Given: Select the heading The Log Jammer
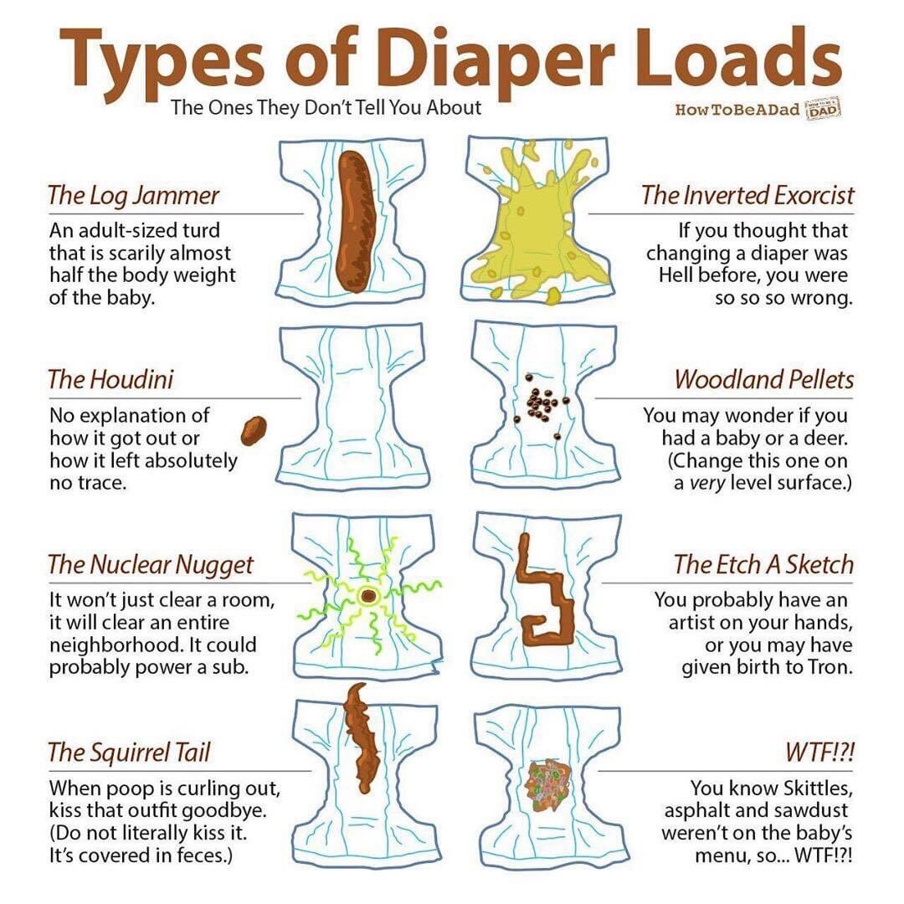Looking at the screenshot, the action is pyautogui.click(x=133, y=196).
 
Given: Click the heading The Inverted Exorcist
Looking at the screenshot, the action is pyautogui.click(x=747, y=195).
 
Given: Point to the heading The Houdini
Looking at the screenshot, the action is pyautogui.click(x=110, y=380).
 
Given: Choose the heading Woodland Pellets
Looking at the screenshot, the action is pyautogui.click(x=764, y=380).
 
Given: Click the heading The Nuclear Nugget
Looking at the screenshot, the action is pyautogui.click(x=151, y=565).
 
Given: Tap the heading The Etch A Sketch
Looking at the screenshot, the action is pyautogui.click(x=764, y=564).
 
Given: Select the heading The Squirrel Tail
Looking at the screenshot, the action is pyautogui.click(x=129, y=752).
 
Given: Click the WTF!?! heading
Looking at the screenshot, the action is pyautogui.click(x=819, y=752).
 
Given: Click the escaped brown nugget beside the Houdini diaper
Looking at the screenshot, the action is pyautogui.click(x=254, y=430).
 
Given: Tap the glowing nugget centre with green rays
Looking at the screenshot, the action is pyautogui.click(x=367, y=596).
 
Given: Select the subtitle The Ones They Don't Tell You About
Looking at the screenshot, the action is pyautogui.click(x=326, y=108).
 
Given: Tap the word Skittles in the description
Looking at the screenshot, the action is pyautogui.click(x=818, y=788).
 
